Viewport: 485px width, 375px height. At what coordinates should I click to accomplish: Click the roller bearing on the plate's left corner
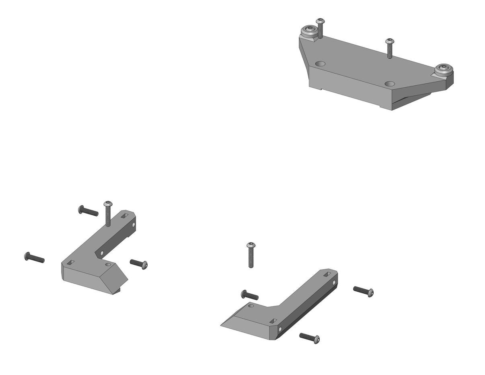(x=310, y=30)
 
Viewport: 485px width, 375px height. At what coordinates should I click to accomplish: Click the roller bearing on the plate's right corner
(x=444, y=69)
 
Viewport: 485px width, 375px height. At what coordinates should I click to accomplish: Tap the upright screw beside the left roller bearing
(x=320, y=28)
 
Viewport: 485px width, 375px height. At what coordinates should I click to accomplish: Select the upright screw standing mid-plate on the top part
(x=389, y=48)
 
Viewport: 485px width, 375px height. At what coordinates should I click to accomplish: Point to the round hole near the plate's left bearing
(x=320, y=64)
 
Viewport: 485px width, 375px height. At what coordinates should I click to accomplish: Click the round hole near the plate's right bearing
(x=389, y=84)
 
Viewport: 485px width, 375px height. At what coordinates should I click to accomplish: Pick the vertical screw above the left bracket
(x=108, y=213)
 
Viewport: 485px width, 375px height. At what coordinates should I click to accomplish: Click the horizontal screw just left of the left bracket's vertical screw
(x=88, y=210)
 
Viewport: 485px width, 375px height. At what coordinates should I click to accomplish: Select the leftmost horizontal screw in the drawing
(x=34, y=258)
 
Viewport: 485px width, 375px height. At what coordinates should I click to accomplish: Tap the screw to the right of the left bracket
(x=139, y=264)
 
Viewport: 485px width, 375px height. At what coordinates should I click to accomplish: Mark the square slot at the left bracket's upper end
(x=125, y=216)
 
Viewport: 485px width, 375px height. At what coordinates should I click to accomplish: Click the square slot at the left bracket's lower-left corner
(x=70, y=263)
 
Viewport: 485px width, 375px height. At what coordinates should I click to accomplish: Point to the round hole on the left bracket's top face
(x=108, y=265)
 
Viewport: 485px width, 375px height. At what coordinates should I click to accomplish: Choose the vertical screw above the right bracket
(x=251, y=255)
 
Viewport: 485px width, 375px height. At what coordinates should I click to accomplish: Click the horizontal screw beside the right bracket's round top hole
(x=250, y=295)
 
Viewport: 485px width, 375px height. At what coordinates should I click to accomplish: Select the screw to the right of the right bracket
(x=364, y=291)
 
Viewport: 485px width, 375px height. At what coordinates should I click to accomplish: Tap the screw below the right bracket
(x=310, y=338)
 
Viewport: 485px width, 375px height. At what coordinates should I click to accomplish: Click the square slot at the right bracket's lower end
(x=273, y=321)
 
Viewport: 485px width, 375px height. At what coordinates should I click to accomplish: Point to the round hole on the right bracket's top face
(x=251, y=306)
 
